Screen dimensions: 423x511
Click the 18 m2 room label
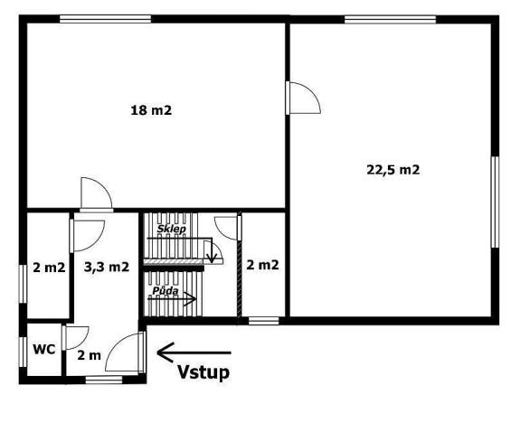tap(151, 111)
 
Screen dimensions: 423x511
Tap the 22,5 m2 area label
tap(393, 169)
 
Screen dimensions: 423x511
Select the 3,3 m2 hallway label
tap(107, 267)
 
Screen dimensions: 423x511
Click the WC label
tap(44, 348)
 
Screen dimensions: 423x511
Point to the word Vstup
tap(203, 371)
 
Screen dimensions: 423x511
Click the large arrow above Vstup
tap(194, 352)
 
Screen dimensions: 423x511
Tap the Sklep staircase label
tap(171, 230)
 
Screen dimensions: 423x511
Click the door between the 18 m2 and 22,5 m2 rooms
tap(303, 97)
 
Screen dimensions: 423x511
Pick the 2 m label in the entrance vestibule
tap(89, 355)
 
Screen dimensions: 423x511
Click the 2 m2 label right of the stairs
tap(262, 265)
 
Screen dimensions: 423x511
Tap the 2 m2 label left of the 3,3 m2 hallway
tap(49, 268)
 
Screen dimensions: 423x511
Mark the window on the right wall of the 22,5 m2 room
tap(495, 201)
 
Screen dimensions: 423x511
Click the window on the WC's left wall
tap(22, 351)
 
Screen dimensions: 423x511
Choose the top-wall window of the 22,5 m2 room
tap(371, 19)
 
